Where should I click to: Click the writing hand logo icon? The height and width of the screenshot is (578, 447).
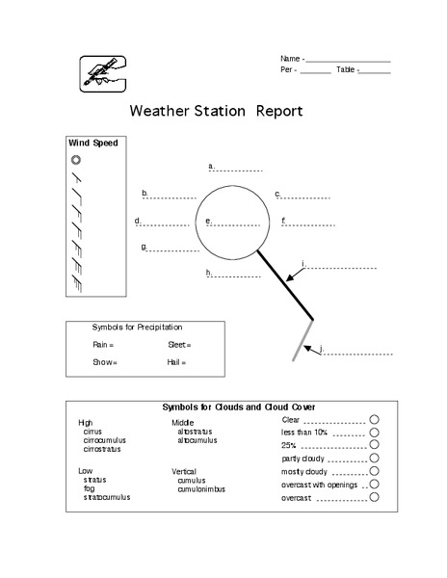[102, 72]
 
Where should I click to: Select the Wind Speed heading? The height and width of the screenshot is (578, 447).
[92, 143]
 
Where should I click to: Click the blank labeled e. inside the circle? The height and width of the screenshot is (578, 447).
[234, 223]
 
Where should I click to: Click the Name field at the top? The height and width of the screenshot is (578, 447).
[347, 60]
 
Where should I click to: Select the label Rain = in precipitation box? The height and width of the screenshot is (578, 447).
[103, 344]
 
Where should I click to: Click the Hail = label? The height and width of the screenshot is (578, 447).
[176, 362]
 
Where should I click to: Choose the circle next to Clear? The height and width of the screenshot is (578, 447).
[374, 419]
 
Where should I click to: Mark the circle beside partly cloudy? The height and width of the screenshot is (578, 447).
[374, 458]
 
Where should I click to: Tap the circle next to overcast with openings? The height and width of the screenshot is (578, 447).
[374, 485]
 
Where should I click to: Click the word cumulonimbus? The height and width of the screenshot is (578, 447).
[201, 489]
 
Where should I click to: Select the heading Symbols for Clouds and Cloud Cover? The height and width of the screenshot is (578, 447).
[240, 407]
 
